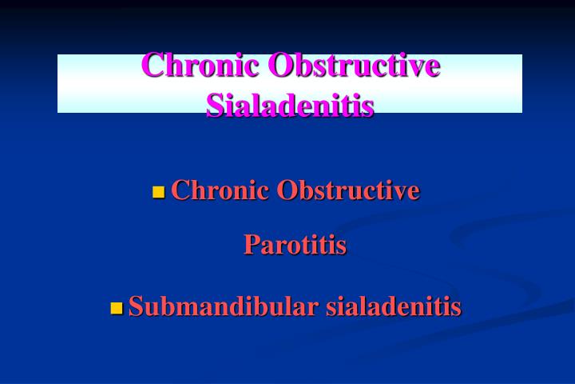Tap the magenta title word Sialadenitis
pyautogui.click(x=290, y=104)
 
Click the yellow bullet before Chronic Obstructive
pyautogui.click(x=158, y=192)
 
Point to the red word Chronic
pyautogui.click(x=219, y=190)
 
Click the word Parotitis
pyautogui.click(x=295, y=244)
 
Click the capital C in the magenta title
pyautogui.click(x=153, y=66)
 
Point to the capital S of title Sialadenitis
pyautogui.click(x=214, y=104)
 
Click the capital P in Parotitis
pyautogui.click(x=251, y=244)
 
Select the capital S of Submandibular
pyautogui.click(x=136, y=306)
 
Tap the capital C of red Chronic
pyautogui.click(x=180, y=190)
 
